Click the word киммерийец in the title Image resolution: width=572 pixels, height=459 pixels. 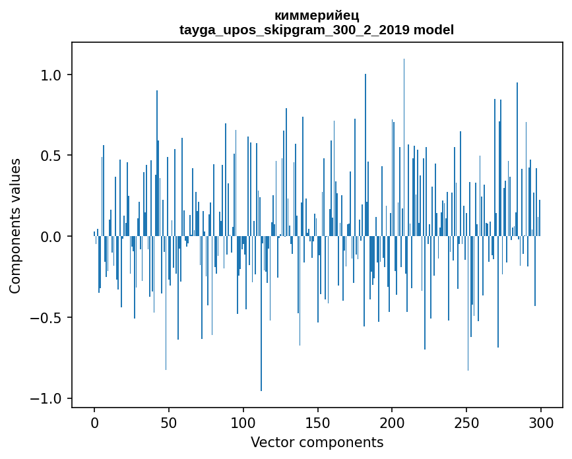point(317,16)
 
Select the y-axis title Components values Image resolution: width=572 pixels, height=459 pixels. point(15,226)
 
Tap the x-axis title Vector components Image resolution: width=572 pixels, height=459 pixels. point(317,442)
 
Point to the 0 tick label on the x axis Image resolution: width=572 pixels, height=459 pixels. point(94,422)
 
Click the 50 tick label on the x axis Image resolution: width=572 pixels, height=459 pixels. point(169,422)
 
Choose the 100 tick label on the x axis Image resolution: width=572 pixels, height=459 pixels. point(243,422)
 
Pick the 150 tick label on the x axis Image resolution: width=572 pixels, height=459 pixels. point(318,422)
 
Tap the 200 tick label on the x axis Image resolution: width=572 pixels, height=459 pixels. point(393,422)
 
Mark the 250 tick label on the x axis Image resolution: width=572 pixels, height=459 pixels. point(467,422)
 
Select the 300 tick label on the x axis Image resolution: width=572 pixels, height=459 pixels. point(541,422)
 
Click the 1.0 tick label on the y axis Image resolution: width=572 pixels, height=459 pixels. point(52,75)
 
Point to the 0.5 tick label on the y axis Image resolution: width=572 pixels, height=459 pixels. point(52,156)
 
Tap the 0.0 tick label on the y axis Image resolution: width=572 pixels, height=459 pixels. point(52,236)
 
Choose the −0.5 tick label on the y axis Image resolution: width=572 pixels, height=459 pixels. point(48,317)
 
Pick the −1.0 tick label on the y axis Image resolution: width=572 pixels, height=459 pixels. point(48,398)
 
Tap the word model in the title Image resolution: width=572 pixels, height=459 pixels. point(433,30)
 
